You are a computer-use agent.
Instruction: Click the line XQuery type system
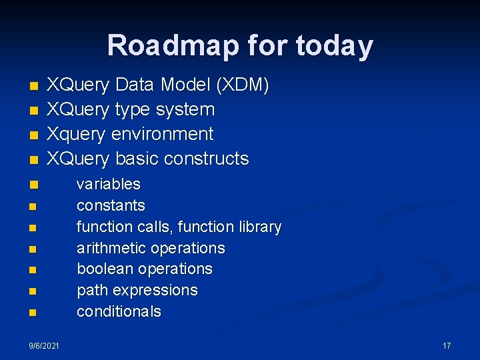pos(130,109)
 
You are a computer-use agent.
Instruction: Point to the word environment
pos(162,134)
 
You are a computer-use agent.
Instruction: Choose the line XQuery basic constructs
pos(147,159)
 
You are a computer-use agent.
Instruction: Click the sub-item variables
pos(109,184)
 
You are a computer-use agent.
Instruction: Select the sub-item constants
pos(111,205)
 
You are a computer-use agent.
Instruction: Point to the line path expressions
pos(137,291)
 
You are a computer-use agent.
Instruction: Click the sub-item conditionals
pos(119,312)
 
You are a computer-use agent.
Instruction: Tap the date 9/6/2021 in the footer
pos(44,345)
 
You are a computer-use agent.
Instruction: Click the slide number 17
pos(447,345)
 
